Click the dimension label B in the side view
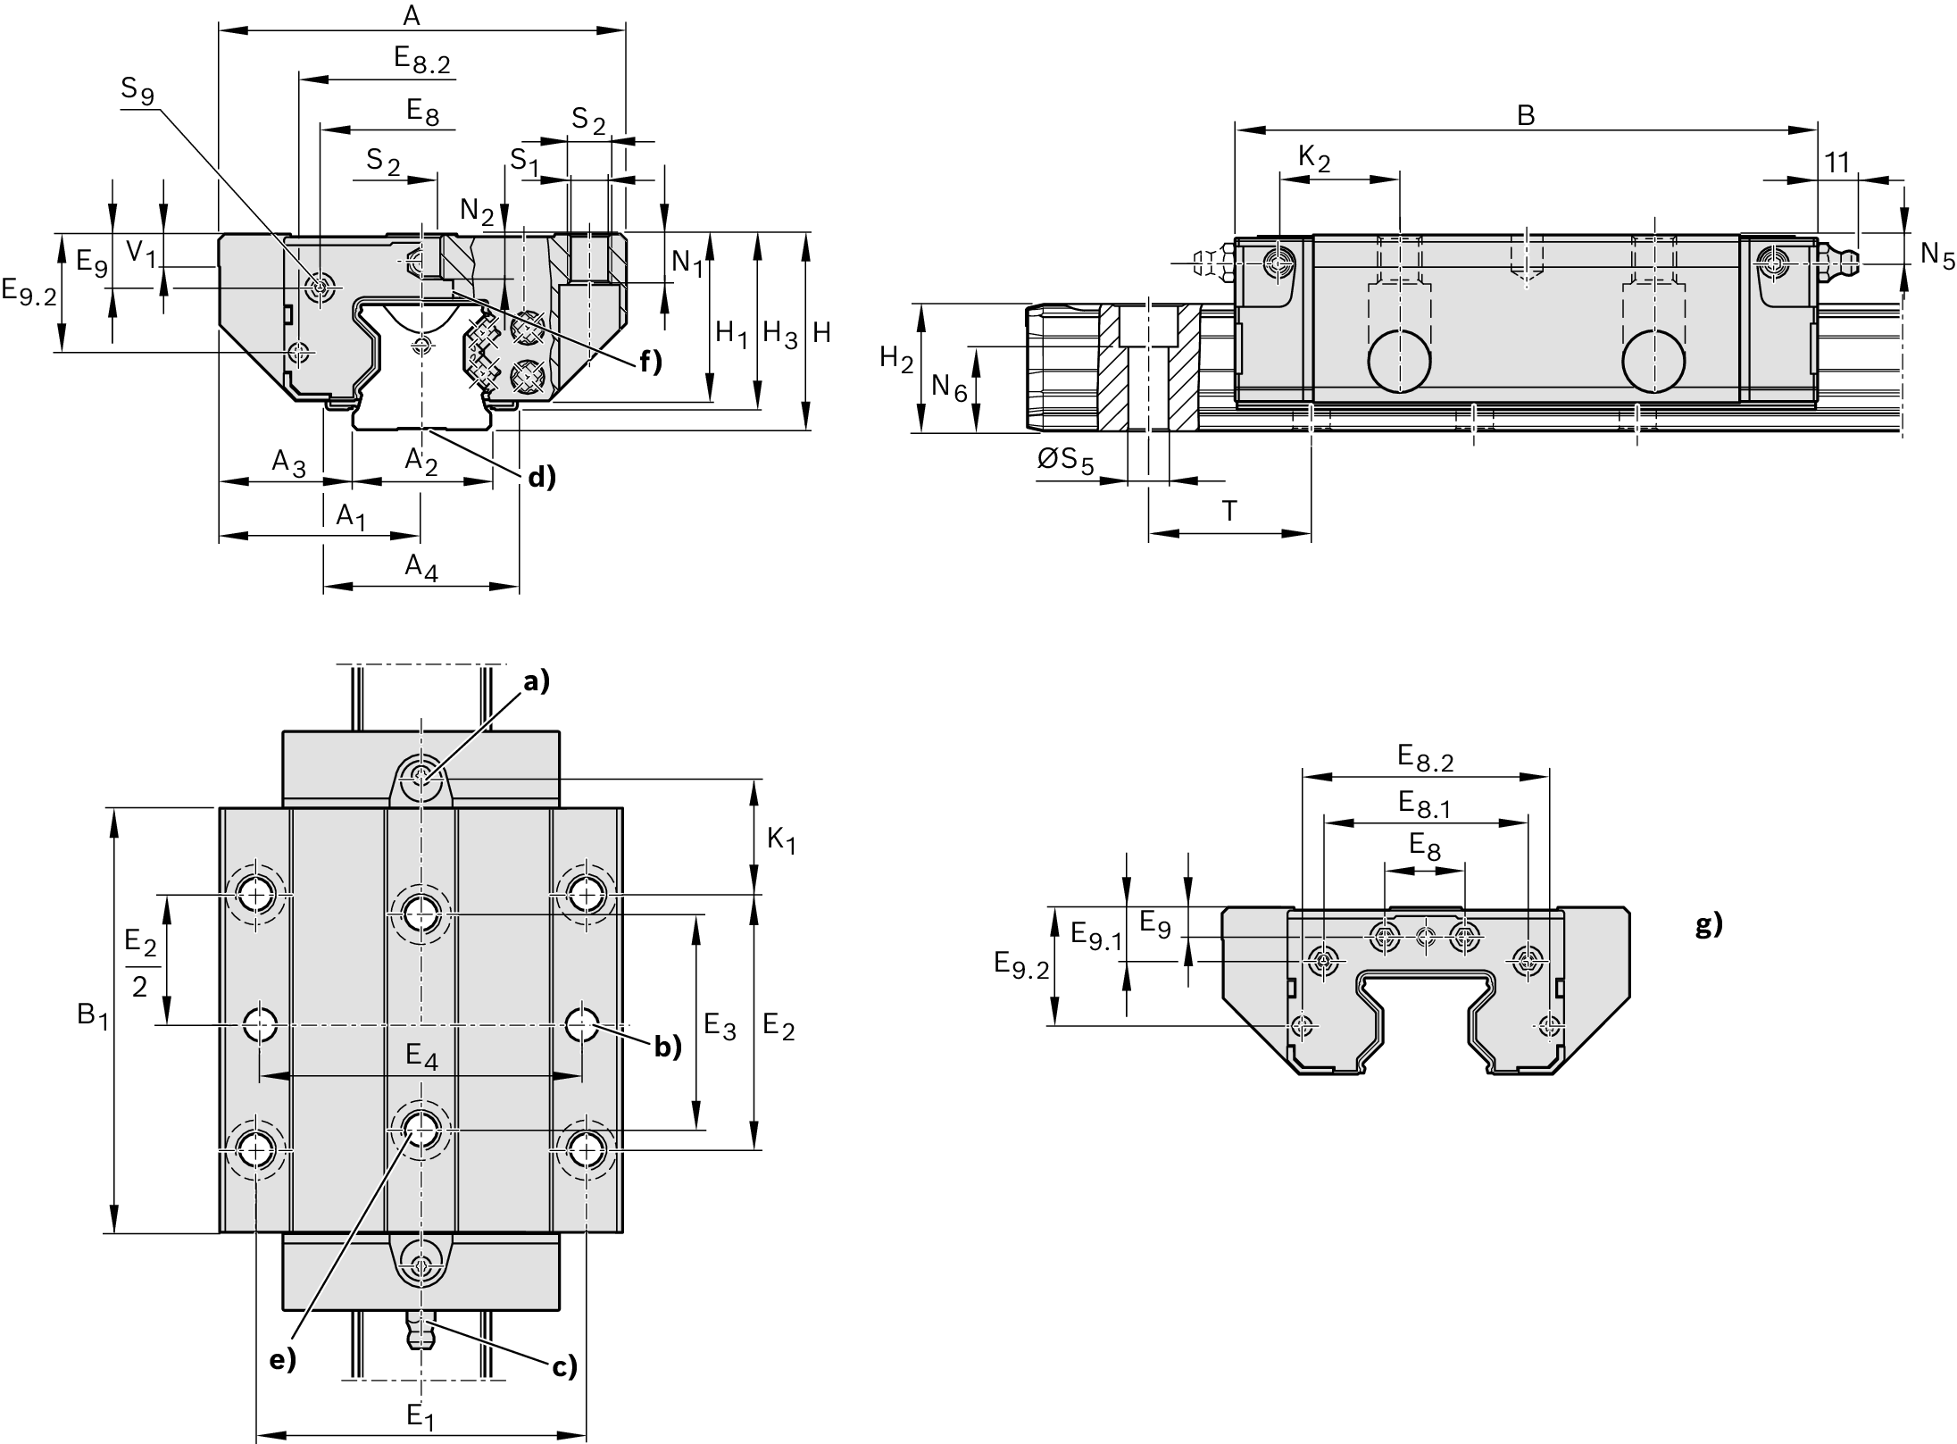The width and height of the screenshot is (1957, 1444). coord(1526,115)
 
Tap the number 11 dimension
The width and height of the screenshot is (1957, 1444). coord(1836,163)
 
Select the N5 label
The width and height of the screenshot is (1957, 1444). coord(1936,255)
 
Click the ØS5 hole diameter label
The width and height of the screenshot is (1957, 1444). coord(1065,462)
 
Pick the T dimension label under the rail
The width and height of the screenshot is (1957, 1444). coord(1229,512)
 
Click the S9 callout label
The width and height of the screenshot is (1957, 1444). coord(137,90)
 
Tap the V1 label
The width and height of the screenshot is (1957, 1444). coord(141,254)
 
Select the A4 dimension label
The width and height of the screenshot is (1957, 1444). coord(421,568)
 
